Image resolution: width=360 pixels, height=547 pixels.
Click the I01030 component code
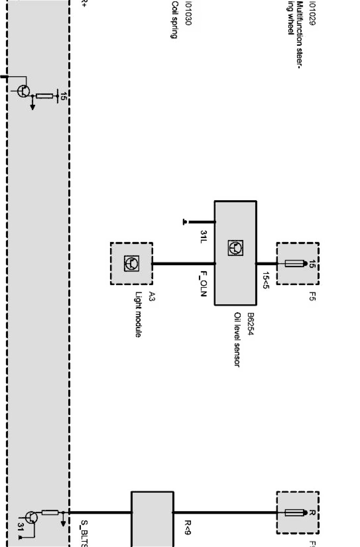point(188,13)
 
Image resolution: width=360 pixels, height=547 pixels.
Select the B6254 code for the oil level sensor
point(250,324)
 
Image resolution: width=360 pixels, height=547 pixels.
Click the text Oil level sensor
point(237,340)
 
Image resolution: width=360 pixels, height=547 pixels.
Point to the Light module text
point(139,314)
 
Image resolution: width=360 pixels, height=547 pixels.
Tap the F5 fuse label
point(312,296)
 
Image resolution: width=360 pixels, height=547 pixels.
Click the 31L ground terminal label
point(203,237)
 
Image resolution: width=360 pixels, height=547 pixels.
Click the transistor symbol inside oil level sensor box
point(236,248)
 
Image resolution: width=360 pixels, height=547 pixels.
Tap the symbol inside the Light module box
point(131,263)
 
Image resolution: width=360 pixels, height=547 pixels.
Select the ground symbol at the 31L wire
point(185,222)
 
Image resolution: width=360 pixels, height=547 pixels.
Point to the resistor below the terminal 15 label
point(44,96)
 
